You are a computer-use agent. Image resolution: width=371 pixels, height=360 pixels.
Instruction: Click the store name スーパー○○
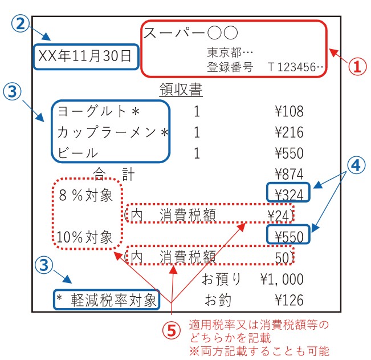[190, 33]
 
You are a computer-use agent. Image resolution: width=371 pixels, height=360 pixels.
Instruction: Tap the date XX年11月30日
[85, 56]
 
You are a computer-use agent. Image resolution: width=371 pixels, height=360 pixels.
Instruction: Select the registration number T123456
[296, 67]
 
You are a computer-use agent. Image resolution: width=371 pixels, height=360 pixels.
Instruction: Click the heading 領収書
[181, 90]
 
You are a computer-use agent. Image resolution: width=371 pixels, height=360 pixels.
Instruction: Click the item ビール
[78, 152]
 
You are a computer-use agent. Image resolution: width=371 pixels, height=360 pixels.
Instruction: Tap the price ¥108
[289, 111]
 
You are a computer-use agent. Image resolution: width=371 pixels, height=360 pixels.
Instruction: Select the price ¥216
[289, 132]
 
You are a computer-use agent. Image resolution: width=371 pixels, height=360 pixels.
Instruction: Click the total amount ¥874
[289, 174]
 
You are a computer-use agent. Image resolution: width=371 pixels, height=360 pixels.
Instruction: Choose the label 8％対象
[85, 195]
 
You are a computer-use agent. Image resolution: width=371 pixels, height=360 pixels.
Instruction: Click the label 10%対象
[84, 237]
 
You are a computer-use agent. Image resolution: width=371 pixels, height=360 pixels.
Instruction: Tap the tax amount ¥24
[278, 216]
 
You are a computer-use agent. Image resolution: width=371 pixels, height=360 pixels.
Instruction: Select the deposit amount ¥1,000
[282, 279]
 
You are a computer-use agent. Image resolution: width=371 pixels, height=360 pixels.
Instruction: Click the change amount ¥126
[289, 300]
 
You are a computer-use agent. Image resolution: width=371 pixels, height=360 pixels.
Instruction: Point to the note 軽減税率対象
[113, 300]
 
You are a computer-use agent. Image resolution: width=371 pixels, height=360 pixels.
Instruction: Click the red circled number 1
[357, 66]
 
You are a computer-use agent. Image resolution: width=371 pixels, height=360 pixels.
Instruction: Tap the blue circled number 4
[356, 165]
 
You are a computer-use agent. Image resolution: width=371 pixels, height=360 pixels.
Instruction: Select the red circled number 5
[172, 331]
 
